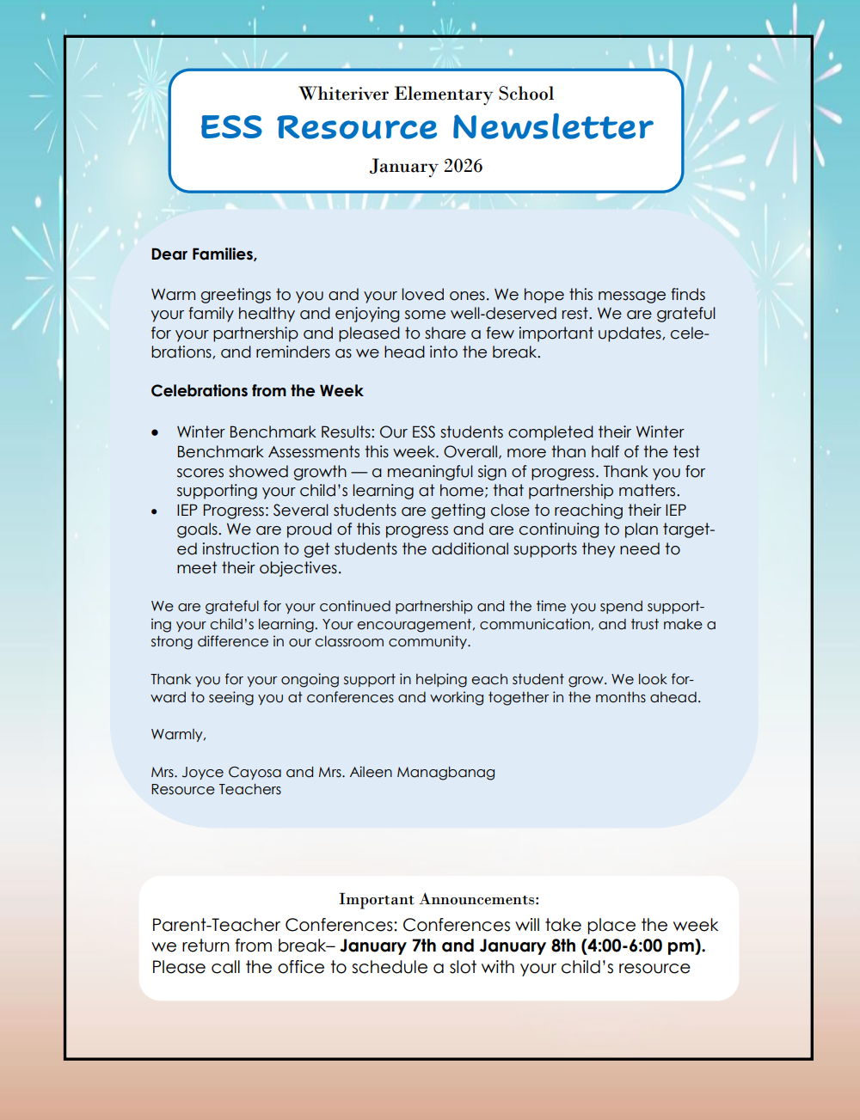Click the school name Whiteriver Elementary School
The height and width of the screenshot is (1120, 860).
coord(426,94)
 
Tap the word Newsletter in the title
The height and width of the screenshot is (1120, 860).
coord(552,127)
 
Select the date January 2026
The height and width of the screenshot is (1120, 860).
coord(426,166)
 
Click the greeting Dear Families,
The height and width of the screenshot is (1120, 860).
coord(204,254)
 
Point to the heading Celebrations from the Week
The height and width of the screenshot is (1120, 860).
coord(257,391)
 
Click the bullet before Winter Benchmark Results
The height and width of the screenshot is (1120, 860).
coord(155,433)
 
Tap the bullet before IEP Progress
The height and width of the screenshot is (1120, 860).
coord(155,511)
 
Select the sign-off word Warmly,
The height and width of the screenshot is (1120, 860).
coord(178,735)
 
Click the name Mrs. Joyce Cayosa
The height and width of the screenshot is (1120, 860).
coord(216,772)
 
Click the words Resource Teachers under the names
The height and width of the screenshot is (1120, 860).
coord(216,790)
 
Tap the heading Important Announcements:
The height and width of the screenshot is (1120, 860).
coord(439,900)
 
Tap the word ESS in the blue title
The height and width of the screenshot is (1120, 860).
coord(231,127)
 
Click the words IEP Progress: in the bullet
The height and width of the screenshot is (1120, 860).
coord(222,511)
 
